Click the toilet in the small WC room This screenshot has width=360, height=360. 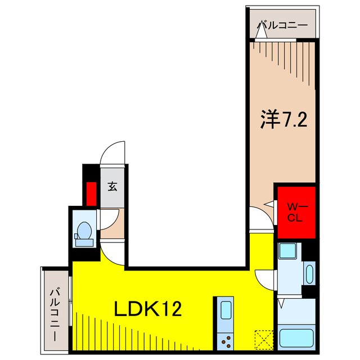click(83, 232)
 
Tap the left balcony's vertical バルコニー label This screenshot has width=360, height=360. click(55, 310)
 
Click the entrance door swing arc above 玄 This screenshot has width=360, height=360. click(112, 153)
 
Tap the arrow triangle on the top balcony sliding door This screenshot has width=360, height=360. click(260, 34)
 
